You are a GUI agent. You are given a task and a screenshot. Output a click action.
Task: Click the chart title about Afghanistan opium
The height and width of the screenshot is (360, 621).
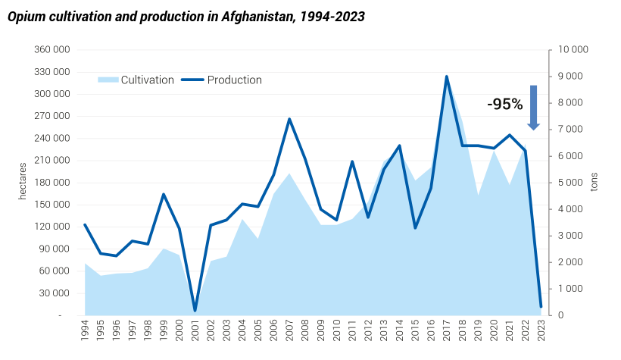coord(186,17)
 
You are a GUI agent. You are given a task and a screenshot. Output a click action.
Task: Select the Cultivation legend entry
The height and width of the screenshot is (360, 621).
coord(147,80)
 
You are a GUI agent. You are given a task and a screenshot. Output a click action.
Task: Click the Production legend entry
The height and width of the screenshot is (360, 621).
coord(234,80)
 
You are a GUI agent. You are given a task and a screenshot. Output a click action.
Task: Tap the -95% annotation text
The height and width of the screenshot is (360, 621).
coord(504,105)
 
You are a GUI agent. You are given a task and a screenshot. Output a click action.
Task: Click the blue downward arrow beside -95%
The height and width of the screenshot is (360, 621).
coord(533,107)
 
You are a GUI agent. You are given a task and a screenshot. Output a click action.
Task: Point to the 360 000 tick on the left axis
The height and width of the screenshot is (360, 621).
coord(52,50)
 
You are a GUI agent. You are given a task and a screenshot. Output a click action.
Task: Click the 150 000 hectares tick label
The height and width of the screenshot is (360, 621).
coord(52,205)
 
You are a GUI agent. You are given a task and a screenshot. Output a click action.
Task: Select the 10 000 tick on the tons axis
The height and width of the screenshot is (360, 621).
coord(573,50)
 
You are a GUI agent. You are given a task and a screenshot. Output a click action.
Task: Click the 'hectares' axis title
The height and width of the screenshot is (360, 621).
coord(23,181)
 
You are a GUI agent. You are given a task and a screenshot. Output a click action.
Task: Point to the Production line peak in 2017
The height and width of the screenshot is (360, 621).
coord(447,77)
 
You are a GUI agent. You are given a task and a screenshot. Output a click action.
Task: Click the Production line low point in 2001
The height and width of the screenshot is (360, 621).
coord(195,311)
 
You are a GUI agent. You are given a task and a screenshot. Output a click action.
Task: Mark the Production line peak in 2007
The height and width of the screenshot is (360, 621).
coord(289,119)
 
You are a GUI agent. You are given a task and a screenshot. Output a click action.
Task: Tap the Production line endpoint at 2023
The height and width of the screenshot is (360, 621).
coord(541,306)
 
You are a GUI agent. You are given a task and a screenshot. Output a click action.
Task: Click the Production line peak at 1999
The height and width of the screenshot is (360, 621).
coord(164,194)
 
